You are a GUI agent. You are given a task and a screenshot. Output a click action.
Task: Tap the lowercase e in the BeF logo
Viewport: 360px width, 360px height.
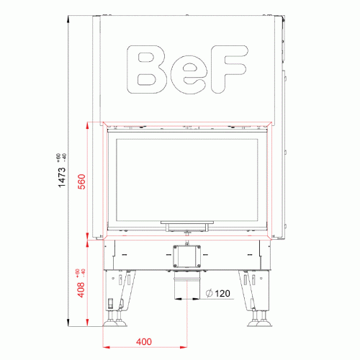189,74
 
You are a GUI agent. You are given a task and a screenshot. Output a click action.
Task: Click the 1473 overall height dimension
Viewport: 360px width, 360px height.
62,177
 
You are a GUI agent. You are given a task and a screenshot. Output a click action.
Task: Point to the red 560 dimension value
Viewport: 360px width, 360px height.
82,181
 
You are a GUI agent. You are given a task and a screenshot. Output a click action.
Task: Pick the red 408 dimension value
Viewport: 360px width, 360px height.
81,289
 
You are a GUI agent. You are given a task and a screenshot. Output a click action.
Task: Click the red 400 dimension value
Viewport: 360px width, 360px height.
144,341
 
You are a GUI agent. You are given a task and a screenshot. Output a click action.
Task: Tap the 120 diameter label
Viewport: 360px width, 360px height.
222,293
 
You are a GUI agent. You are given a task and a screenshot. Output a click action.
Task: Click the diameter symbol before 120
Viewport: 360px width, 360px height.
209,293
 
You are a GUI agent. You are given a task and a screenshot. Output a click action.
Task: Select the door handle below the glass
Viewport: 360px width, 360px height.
187,225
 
